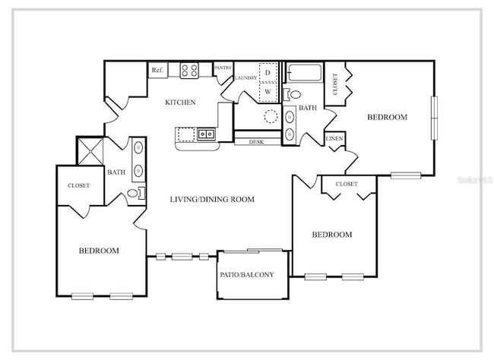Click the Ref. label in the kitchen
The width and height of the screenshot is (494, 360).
point(157,70)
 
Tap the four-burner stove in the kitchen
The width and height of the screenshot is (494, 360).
point(189,71)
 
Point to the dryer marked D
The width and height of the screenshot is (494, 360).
point(267,73)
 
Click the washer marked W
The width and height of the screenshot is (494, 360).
point(267,92)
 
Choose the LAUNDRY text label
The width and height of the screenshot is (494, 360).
point(245,77)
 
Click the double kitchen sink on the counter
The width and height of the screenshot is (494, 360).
point(206,134)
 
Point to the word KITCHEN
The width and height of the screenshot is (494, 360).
point(181,102)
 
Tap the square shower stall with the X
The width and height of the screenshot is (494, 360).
point(91,150)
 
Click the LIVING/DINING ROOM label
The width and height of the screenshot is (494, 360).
point(211,199)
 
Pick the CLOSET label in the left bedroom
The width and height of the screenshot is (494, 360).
point(78,185)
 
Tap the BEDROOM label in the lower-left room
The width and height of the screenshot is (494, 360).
point(99,251)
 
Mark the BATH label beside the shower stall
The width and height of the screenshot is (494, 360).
point(116,172)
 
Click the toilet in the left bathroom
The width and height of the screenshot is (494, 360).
point(135,194)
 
